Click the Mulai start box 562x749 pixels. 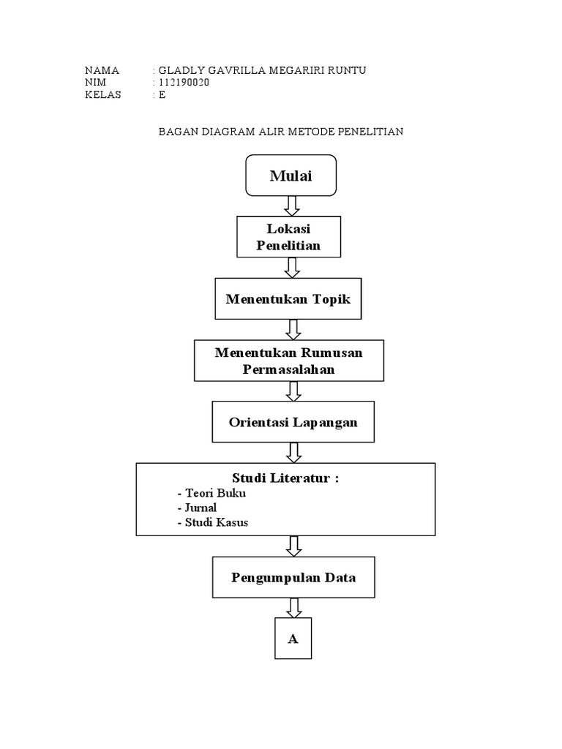291,176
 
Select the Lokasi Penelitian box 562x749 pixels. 288,237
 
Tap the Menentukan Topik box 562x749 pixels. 288,298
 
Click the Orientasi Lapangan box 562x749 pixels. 293,422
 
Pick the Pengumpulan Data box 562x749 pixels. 293,577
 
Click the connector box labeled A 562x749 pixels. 293,639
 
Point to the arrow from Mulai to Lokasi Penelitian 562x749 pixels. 291,206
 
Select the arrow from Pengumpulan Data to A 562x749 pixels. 294,608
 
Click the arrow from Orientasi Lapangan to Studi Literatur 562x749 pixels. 294,453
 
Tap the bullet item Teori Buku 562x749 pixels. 211,493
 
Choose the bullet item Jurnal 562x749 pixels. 197,508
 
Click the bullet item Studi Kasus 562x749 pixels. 213,522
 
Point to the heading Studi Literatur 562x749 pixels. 285,478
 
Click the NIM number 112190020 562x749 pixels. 184,82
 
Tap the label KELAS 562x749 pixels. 102,94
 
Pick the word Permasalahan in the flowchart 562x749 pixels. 288,369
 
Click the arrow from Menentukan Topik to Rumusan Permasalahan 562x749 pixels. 293,330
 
